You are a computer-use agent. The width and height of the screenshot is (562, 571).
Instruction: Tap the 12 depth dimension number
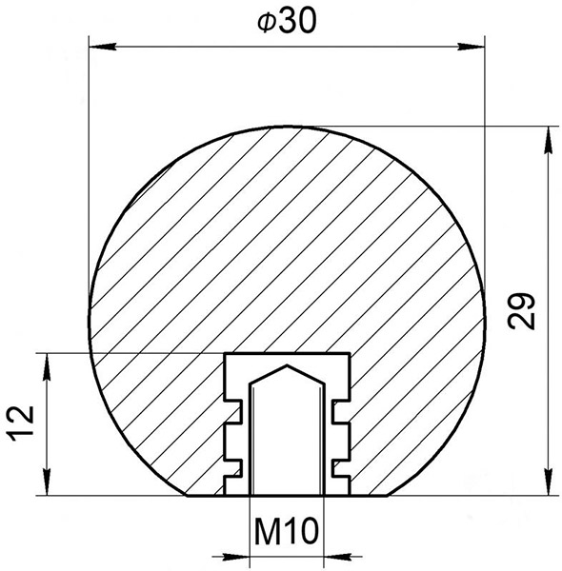23,423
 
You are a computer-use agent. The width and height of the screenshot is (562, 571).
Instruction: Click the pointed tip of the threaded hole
287,364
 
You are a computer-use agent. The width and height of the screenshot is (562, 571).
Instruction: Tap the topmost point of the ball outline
287,126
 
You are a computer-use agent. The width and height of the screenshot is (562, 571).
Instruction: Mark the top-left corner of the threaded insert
225,354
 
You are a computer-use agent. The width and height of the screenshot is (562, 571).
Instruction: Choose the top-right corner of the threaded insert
349,354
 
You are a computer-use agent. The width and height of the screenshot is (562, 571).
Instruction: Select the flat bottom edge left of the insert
205,497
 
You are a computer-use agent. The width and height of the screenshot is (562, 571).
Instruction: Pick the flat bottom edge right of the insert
370,497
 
